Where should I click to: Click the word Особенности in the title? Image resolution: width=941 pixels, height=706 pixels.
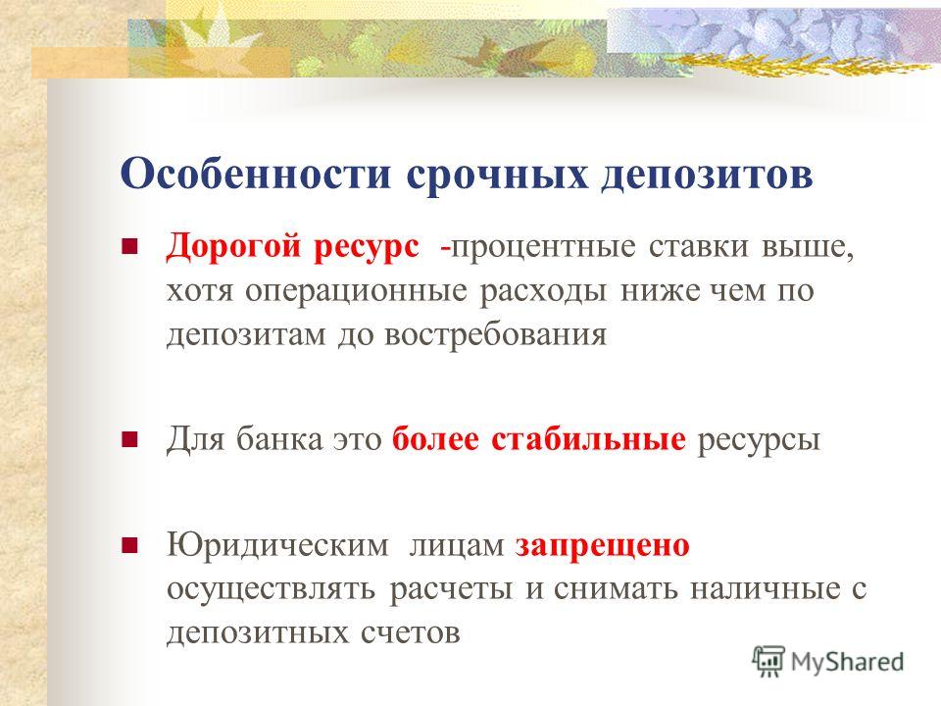pyautogui.click(x=256, y=175)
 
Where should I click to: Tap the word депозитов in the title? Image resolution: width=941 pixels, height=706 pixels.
pyautogui.click(x=707, y=176)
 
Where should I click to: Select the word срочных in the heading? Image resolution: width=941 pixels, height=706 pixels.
pyautogui.click(x=497, y=176)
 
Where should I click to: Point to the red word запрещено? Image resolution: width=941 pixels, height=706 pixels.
pyautogui.click(x=603, y=546)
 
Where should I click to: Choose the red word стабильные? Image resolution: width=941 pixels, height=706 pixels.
pyautogui.click(x=588, y=439)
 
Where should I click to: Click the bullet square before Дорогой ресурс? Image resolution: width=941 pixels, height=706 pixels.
pyautogui.click(x=129, y=246)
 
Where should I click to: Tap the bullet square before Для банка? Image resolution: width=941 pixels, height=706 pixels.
pyautogui.click(x=129, y=439)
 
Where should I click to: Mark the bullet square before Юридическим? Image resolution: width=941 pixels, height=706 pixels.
pyautogui.click(x=129, y=545)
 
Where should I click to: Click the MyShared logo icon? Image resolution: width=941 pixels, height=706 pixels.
pyautogui.click(x=768, y=662)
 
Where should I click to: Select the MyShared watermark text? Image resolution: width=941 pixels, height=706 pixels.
pyautogui.click(x=847, y=662)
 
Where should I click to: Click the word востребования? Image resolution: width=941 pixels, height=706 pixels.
pyautogui.click(x=496, y=334)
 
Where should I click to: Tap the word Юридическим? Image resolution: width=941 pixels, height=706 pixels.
pyautogui.click(x=277, y=546)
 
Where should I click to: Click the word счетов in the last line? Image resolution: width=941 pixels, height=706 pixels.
pyautogui.click(x=411, y=632)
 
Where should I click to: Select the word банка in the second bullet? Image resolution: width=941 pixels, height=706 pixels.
pyautogui.click(x=279, y=439)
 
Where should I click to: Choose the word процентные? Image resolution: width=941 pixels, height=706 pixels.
pyautogui.click(x=543, y=247)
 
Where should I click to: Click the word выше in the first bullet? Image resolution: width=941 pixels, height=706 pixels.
pyautogui.click(x=808, y=247)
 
